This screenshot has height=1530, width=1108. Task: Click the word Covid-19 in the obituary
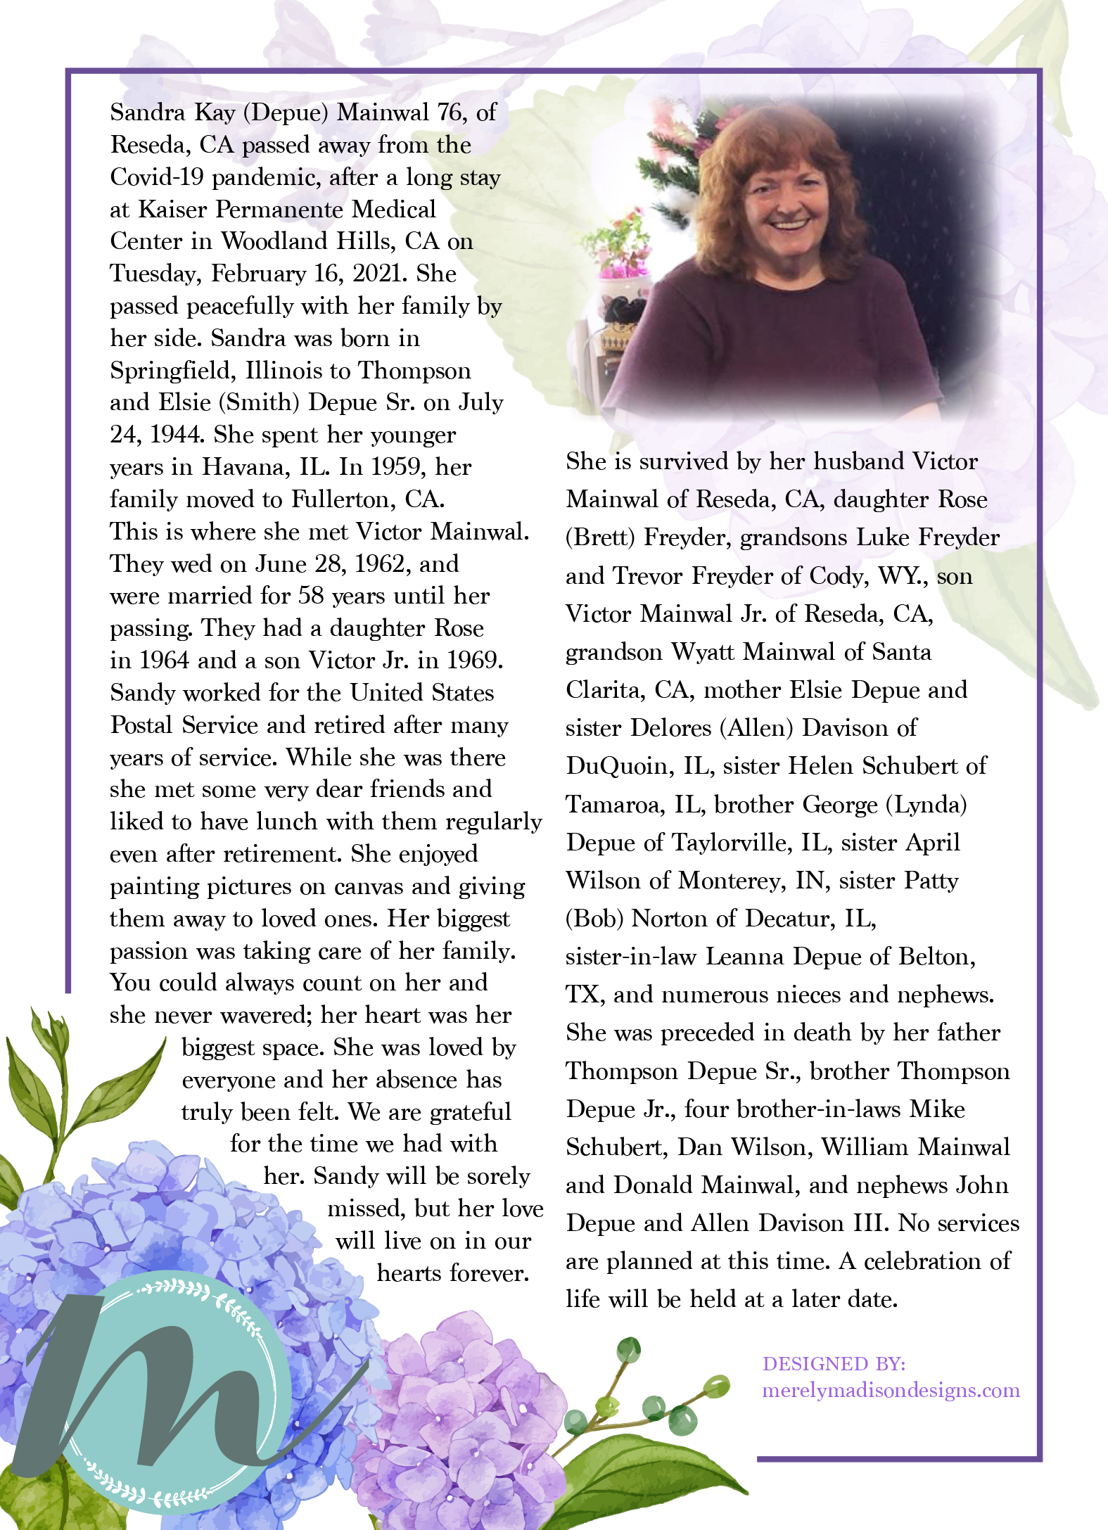coord(157,177)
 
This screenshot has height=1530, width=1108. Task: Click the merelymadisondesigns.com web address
coord(891,1391)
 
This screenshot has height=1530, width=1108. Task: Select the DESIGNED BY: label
coord(834,1364)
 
